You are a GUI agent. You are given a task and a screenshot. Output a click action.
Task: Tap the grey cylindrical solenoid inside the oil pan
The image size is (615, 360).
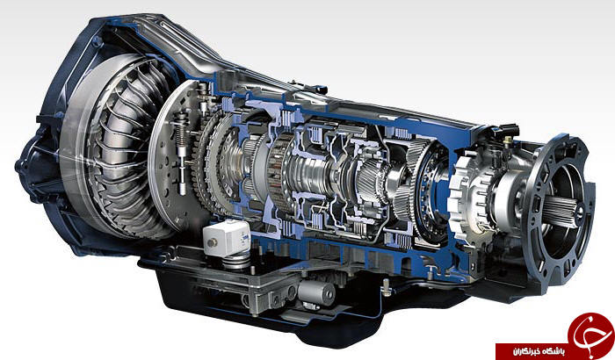[316, 293]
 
